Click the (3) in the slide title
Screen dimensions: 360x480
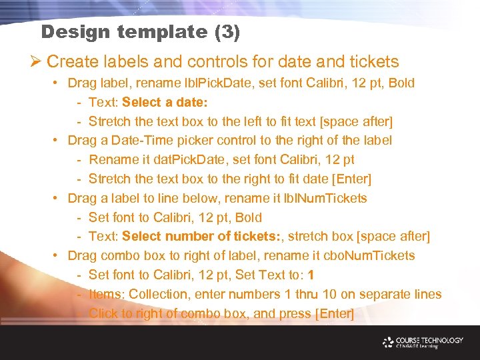click(x=227, y=31)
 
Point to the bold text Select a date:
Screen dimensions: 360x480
click(x=165, y=103)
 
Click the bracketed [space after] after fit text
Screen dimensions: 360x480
click(x=357, y=121)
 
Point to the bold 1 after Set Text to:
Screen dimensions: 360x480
click(x=311, y=275)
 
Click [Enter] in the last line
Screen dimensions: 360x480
click(x=334, y=313)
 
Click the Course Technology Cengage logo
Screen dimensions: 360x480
click(x=423, y=343)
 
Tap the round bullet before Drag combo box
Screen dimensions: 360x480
click(x=59, y=255)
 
